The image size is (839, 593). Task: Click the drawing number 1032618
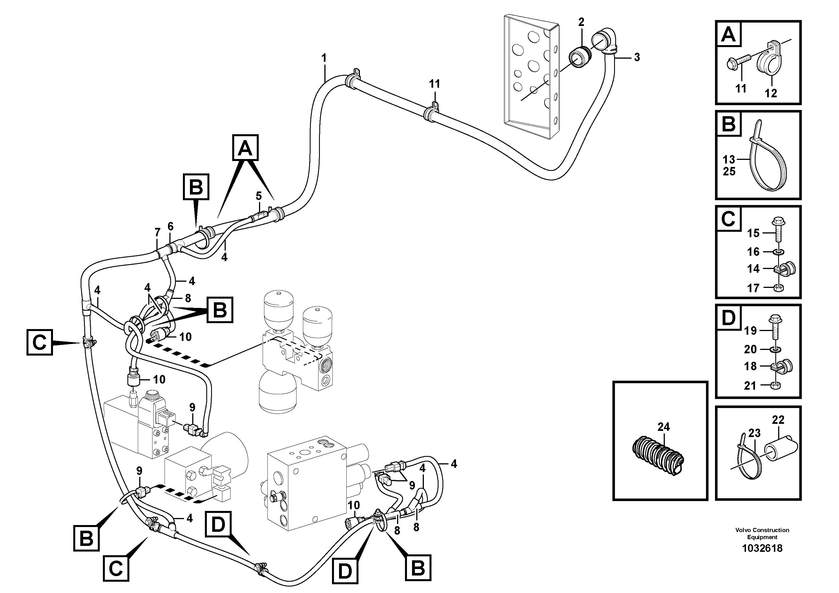(761, 548)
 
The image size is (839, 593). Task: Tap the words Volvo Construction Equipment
(762, 534)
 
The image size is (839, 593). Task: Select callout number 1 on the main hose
(324, 58)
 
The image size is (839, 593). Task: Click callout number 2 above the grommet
(581, 22)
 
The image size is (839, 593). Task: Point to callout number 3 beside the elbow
(637, 58)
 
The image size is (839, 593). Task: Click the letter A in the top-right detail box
(729, 34)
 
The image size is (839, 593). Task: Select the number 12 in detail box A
(771, 93)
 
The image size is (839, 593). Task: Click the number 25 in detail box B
(729, 171)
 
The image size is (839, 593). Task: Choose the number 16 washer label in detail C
(753, 252)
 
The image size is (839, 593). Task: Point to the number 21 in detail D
(750, 385)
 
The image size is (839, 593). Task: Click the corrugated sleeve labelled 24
(658, 457)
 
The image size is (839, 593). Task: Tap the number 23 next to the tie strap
(754, 433)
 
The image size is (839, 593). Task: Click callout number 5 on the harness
(259, 196)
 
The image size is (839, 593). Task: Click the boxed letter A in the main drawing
(245, 148)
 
